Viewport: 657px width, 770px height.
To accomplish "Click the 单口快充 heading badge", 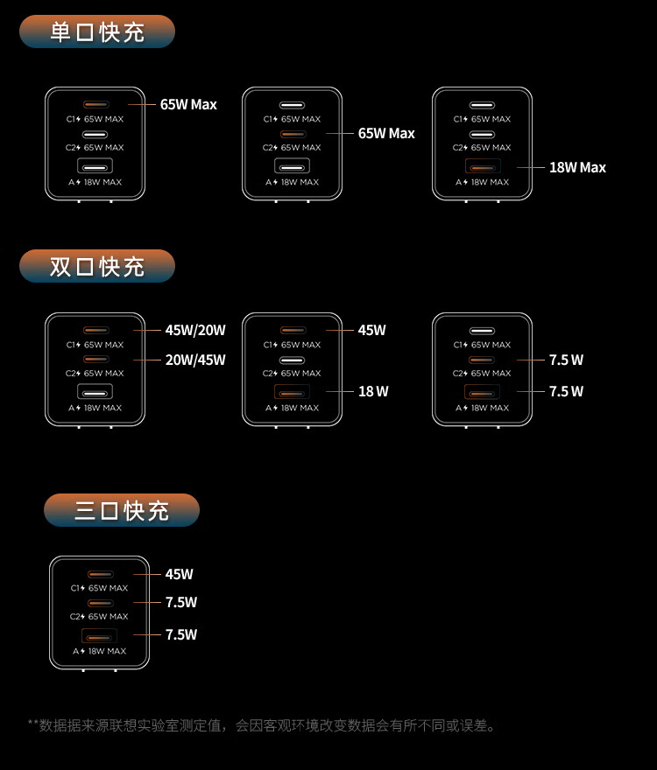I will tap(97, 32).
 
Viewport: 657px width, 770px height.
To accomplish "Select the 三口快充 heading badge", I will tap(122, 510).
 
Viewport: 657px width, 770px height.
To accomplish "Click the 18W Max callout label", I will tap(577, 167).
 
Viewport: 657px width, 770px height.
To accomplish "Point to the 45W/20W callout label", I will tap(195, 330).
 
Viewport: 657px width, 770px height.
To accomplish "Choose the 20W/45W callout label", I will tap(195, 360).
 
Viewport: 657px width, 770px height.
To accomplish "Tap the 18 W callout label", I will tap(373, 391).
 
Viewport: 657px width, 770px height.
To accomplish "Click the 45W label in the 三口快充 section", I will tap(180, 574).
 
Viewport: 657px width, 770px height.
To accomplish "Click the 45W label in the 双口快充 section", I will tap(371, 330).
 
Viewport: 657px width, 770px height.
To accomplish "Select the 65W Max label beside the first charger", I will tap(188, 104).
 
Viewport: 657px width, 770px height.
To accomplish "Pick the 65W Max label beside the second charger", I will tap(386, 133).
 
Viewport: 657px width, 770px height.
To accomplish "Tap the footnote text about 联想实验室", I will tap(263, 725).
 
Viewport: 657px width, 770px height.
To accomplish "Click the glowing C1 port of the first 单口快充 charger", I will tap(95, 105).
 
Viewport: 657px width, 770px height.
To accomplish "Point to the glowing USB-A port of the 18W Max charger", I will tap(482, 166).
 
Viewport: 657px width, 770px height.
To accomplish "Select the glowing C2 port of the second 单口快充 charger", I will tap(293, 134).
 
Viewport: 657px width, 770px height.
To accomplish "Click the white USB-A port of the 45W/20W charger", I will tap(95, 392).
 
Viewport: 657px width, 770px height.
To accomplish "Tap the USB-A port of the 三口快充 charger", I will tap(99, 636).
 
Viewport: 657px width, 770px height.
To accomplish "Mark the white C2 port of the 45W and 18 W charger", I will tap(293, 360).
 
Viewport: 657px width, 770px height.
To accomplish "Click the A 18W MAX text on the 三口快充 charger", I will tap(99, 651).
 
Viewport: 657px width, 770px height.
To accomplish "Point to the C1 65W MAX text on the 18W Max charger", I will tap(482, 119).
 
